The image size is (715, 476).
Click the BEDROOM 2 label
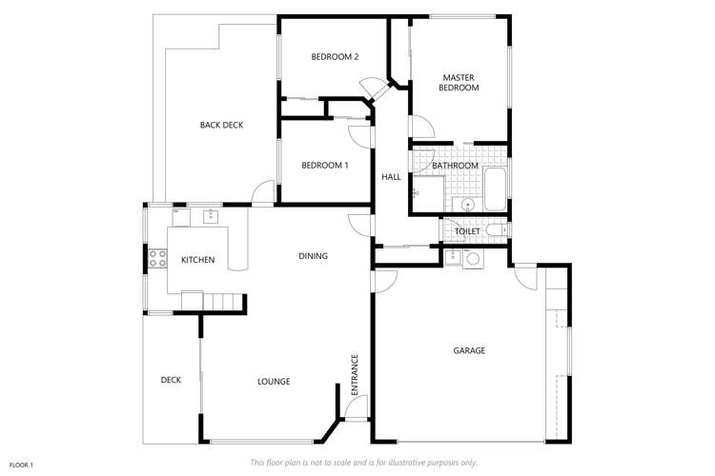(335, 57)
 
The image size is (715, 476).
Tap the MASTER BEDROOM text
(459, 82)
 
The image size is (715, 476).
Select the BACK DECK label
(221, 125)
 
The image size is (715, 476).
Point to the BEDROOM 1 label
(324, 166)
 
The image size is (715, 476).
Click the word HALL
(391, 177)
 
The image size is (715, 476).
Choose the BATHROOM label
(455, 166)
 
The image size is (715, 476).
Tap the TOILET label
(467, 231)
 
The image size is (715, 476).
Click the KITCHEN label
(197, 260)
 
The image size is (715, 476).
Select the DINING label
(313, 256)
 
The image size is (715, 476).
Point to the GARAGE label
(469, 350)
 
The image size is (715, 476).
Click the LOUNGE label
(274, 382)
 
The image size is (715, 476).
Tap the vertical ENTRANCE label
(354, 375)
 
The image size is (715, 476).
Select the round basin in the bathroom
(468, 204)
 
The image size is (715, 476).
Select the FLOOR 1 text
(22, 464)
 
